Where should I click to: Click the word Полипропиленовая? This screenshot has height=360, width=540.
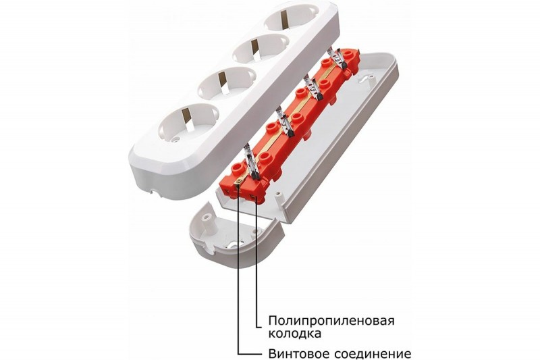[x=331, y=321]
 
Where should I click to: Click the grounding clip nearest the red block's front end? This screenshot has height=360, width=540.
[x=250, y=162]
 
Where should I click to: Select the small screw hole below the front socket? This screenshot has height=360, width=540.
[x=178, y=140]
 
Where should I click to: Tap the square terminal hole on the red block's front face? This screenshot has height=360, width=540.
[x=252, y=197]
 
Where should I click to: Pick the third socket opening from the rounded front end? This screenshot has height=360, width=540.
[x=260, y=49]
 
